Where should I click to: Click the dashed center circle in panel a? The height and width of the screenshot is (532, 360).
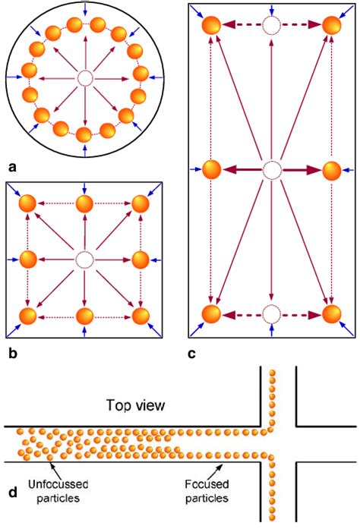click(x=84, y=78)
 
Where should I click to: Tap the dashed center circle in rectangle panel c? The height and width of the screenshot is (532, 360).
click(x=271, y=171)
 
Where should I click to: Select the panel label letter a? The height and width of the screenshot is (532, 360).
click(x=11, y=164)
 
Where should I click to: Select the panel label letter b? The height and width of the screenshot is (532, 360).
click(x=11, y=352)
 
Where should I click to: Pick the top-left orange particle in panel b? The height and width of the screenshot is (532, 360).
click(x=29, y=204)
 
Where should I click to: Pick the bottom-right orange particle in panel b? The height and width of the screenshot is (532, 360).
click(x=140, y=315)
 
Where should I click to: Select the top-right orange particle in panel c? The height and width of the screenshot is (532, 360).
click(x=331, y=26)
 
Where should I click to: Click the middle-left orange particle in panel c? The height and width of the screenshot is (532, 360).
click(x=211, y=171)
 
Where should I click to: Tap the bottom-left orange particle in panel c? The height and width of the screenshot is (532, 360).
click(x=211, y=313)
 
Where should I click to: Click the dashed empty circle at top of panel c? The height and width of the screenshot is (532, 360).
click(x=271, y=26)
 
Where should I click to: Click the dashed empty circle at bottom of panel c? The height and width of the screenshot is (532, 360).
click(x=271, y=313)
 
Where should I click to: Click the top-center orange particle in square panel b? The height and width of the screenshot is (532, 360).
click(x=84, y=204)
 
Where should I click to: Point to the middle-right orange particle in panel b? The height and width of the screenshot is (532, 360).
click(x=140, y=260)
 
